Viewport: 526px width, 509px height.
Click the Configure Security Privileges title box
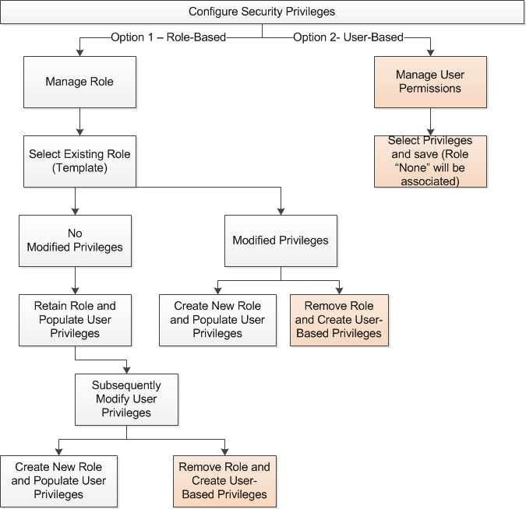click(262, 12)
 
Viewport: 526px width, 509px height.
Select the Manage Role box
click(79, 82)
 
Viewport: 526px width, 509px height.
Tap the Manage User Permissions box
click(430, 82)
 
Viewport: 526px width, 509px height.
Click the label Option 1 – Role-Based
click(168, 37)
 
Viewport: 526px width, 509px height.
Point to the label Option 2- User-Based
click(348, 37)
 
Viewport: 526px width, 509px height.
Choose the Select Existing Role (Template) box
click(79, 161)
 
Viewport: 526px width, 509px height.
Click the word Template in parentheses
click(79, 168)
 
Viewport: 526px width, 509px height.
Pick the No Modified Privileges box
click(75, 240)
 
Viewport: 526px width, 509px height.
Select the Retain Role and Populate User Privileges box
click(75, 320)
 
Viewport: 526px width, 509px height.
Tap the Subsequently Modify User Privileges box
click(126, 399)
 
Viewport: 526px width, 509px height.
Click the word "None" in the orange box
click(413, 167)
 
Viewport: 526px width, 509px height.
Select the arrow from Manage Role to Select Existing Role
click(79, 121)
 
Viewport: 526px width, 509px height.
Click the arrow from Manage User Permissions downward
click(430, 121)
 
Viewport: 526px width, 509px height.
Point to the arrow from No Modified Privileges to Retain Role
click(75, 280)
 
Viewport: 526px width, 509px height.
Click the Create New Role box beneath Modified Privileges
click(217, 320)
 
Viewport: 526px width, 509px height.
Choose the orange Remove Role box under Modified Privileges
click(339, 320)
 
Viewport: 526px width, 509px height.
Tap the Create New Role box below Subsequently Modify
click(58, 481)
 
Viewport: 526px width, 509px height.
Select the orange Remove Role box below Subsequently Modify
click(224, 481)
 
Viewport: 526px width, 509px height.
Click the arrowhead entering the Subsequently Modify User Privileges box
click(126, 370)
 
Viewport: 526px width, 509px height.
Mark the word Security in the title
click(262, 12)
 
